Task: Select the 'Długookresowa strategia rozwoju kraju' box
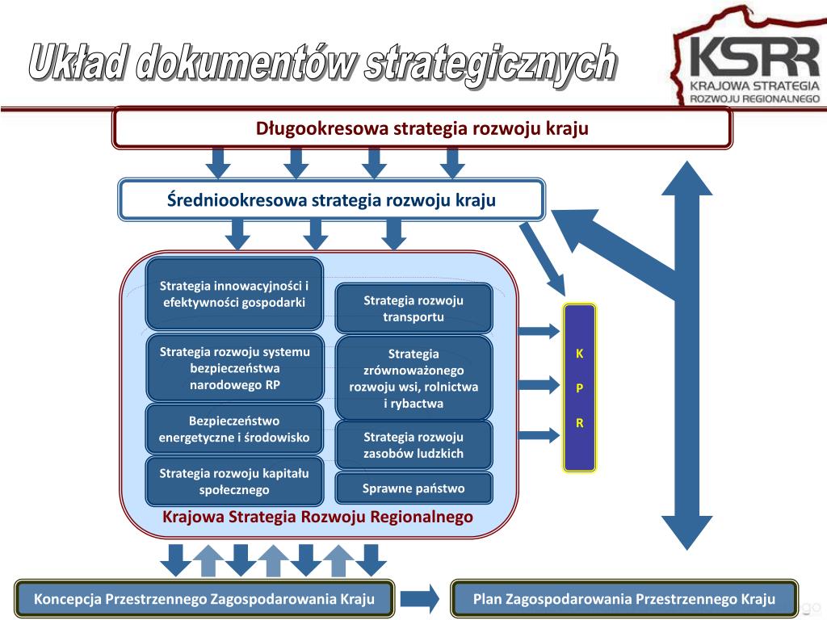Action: pos(422,128)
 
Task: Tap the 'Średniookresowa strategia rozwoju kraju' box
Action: pos(331,200)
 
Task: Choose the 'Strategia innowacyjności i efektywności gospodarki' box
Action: pos(234,294)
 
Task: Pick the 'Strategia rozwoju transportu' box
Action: pos(413,308)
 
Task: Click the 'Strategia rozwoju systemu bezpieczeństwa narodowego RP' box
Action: pos(234,367)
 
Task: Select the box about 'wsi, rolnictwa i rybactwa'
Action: pos(413,378)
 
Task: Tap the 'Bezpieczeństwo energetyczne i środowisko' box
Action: pos(234,429)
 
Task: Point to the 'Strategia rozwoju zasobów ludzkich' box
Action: pos(413,445)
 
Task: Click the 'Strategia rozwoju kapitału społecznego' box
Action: pos(234,481)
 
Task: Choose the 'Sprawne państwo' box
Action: pos(413,488)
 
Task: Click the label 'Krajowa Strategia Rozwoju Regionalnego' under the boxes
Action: pos(318,517)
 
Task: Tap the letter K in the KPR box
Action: pos(579,354)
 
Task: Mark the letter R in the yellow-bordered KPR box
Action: pos(579,423)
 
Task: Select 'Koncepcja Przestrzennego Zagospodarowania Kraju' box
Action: pos(204,599)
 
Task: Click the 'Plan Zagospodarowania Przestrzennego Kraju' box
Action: pos(624,599)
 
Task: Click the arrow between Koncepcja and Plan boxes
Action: pos(420,599)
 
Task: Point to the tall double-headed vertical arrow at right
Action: pos(686,355)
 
